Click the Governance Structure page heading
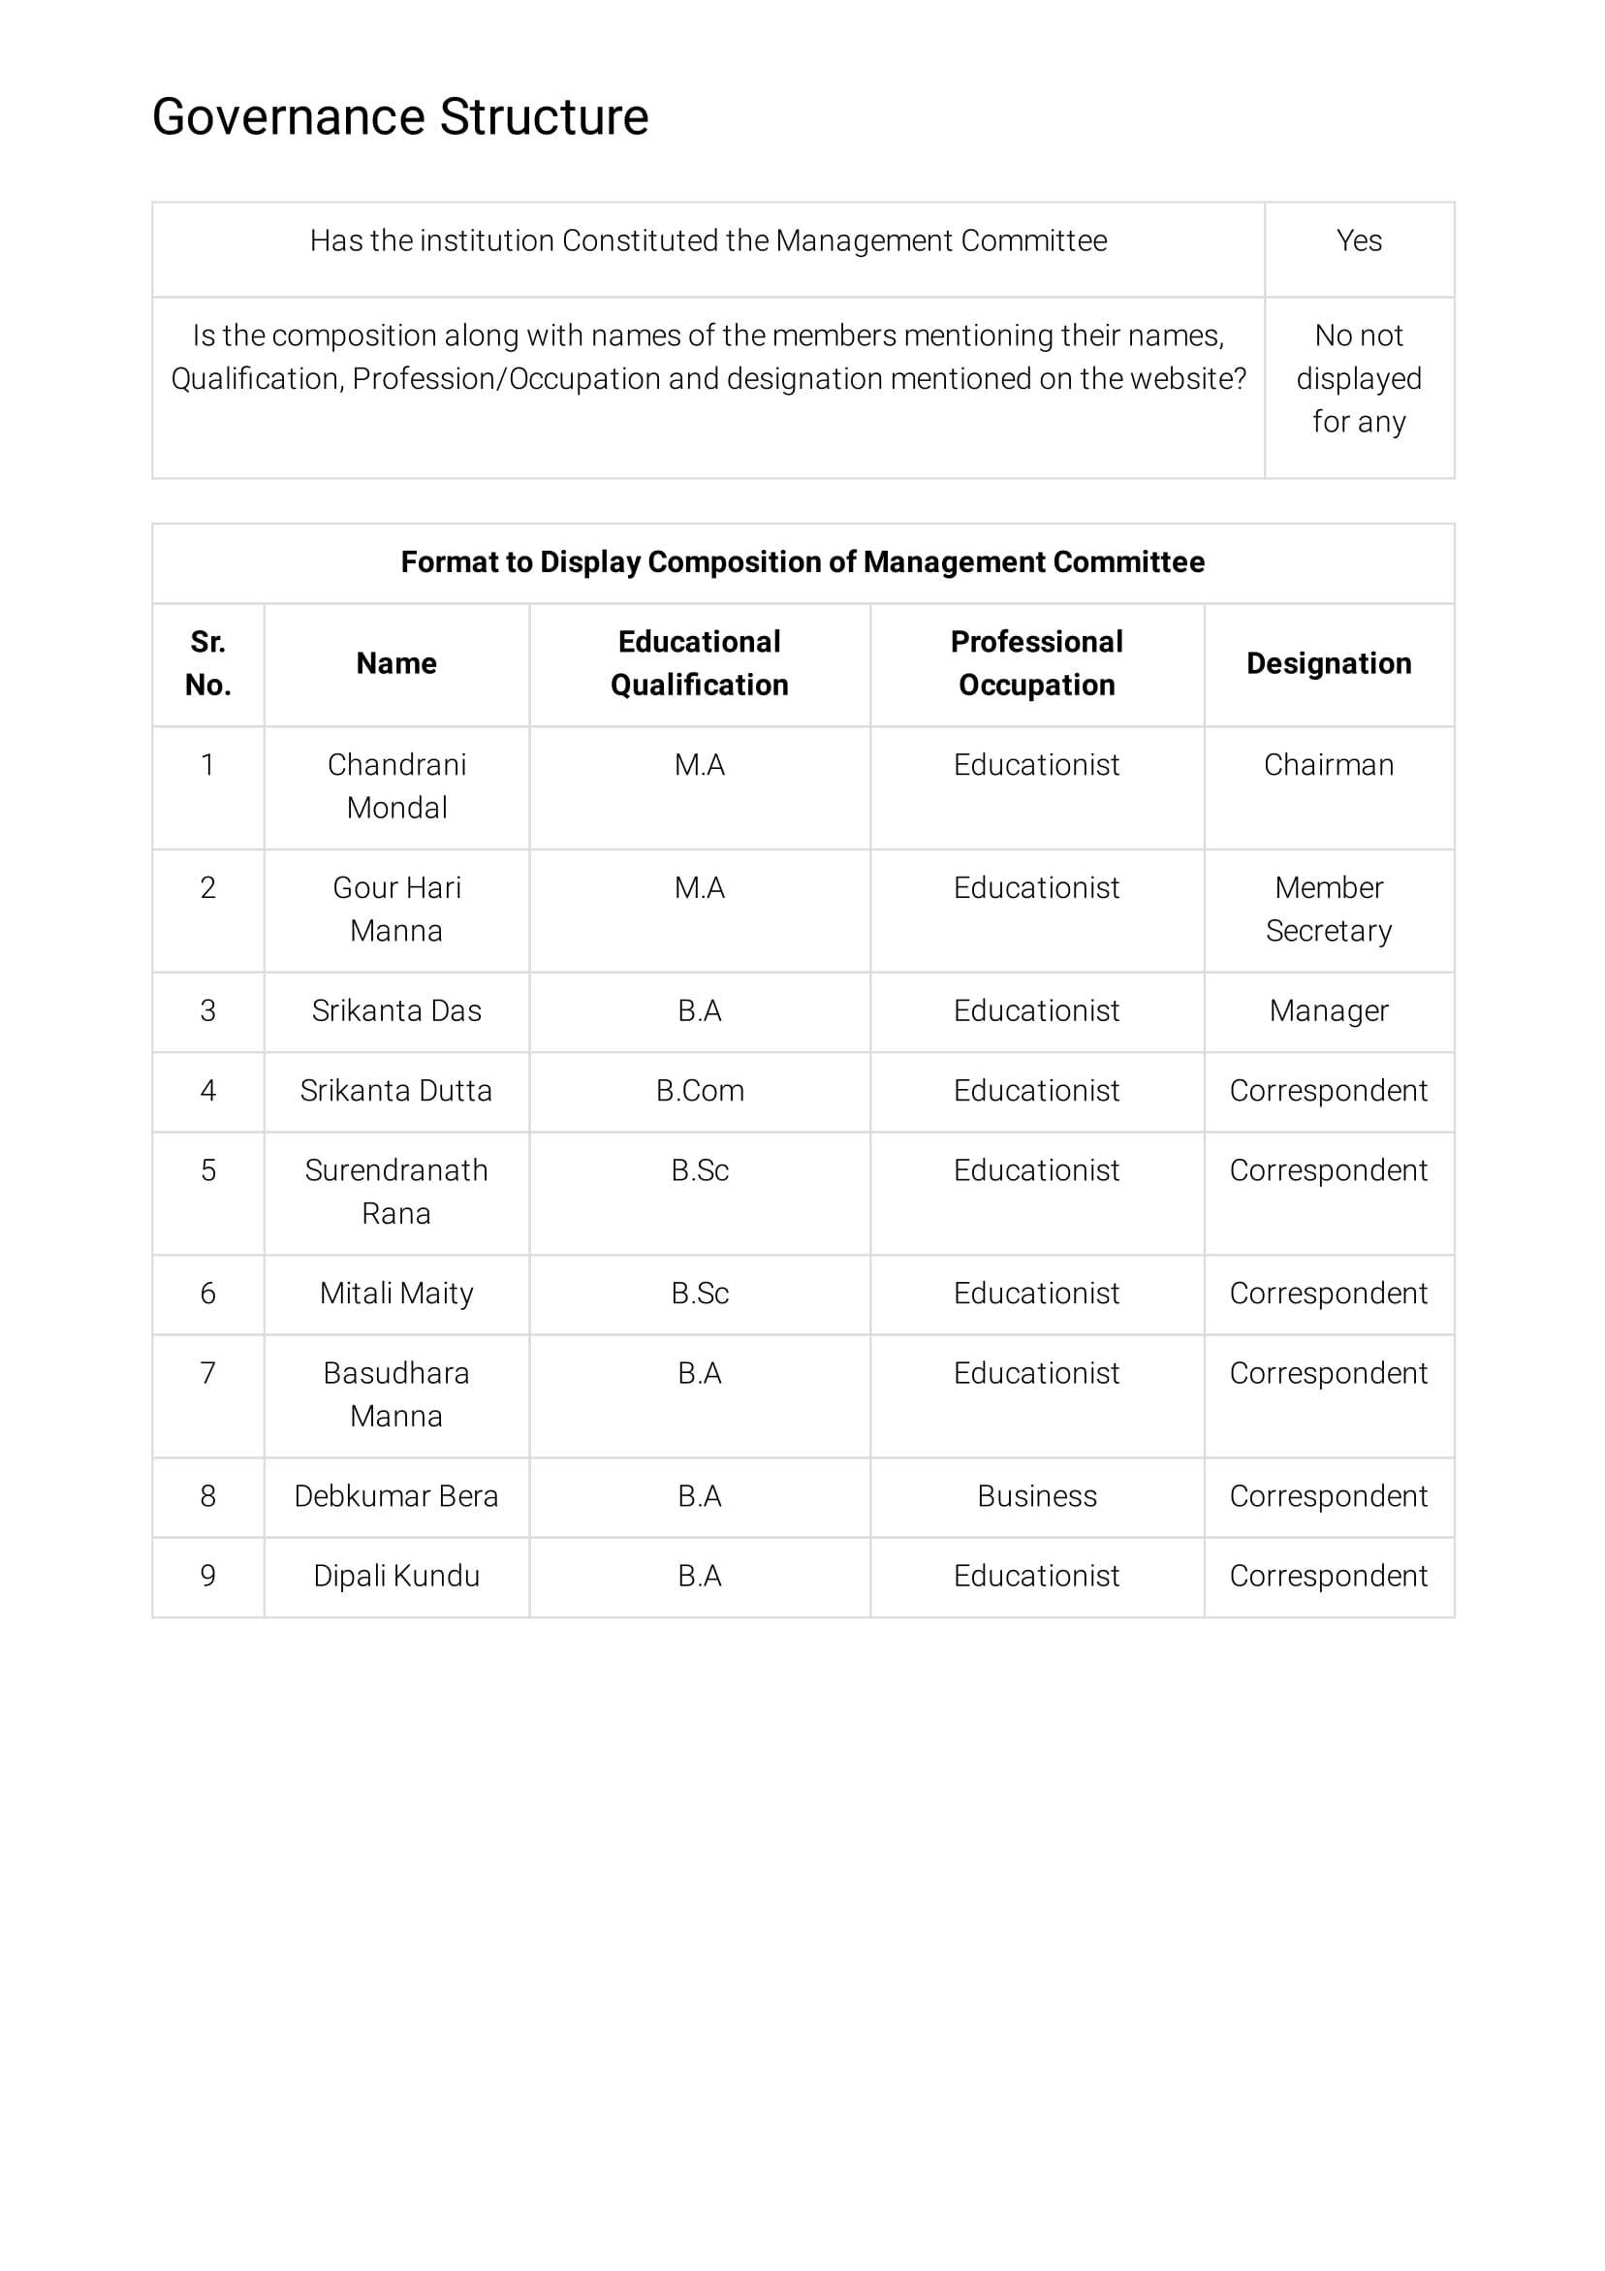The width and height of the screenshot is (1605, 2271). [x=399, y=116]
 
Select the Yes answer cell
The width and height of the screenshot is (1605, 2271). [x=1358, y=240]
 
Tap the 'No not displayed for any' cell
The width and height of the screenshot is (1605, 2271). [x=1358, y=378]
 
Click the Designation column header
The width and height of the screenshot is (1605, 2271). [x=1327, y=662]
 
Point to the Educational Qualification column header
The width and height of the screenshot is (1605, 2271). [x=699, y=662]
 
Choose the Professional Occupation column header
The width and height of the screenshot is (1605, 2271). [x=1035, y=662]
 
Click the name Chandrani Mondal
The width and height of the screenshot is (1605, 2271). [x=395, y=785]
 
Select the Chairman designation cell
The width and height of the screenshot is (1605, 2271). [x=1327, y=764]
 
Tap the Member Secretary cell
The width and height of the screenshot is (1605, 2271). [x=1327, y=908]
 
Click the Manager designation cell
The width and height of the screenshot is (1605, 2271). [x=1327, y=1009]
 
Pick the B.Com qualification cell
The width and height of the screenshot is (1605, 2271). [x=699, y=1090]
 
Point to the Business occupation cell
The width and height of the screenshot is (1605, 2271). [x=1035, y=1495]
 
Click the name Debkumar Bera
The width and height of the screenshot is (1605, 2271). [x=395, y=1495]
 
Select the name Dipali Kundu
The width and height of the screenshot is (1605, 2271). [x=395, y=1576]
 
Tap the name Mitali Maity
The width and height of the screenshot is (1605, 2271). [x=395, y=1293]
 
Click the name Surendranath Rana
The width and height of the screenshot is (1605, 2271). [x=395, y=1191]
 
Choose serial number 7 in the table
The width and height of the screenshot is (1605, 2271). [x=207, y=1373]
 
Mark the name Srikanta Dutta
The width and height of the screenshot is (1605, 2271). [x=395, y=1090]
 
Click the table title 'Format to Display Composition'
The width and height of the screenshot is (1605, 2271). [x=802, y=561]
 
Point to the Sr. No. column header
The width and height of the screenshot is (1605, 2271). [x=207, y=662]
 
